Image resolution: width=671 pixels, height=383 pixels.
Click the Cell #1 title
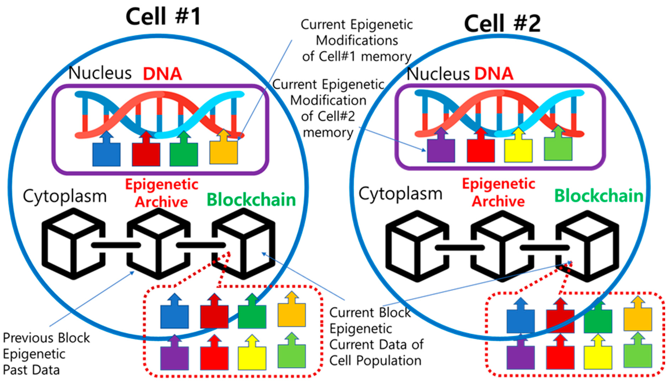click(163, 16)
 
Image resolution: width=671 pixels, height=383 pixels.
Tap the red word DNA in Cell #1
click(162, 74)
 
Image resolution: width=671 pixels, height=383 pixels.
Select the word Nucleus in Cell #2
click(438, 74)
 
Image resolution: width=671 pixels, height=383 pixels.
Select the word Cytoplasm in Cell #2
click(400, 194)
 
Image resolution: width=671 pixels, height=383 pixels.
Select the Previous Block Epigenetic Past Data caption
click(46, 354)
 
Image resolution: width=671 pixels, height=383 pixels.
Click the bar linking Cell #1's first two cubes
click(116, 245)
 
